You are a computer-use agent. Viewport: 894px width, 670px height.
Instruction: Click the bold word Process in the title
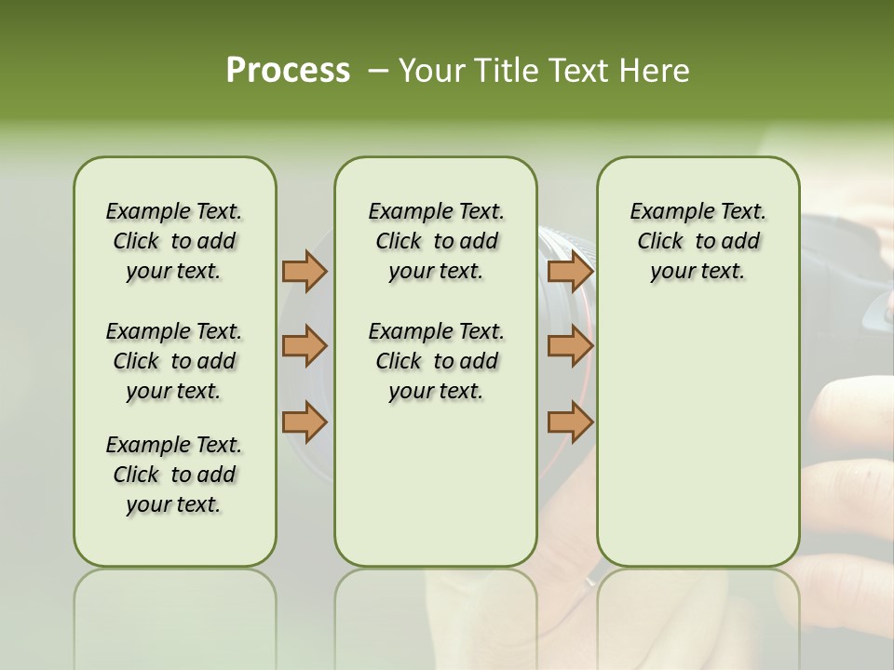pos(288,71)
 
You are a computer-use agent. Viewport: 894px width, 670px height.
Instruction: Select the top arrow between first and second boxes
pos(305,271)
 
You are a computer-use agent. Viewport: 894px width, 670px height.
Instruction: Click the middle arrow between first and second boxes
pos(305,346)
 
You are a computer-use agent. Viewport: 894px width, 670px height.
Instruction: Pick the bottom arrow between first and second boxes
pos(305,422)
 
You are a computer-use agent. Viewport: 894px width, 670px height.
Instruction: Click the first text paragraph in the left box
pos(174,241)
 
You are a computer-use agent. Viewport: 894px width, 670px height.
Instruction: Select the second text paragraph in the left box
pos(174,361)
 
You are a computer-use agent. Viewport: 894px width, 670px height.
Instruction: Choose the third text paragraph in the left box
pos(174,475)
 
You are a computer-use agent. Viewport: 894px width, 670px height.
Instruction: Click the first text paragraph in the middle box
pos(436,241)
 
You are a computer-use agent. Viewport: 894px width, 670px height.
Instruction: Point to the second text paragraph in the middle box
pos(436,361)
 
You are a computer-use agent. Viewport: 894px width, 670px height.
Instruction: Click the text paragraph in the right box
pos(698,241)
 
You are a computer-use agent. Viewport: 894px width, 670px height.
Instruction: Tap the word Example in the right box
pos(665,212)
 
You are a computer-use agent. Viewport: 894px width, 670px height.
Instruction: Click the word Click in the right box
pos(660,242)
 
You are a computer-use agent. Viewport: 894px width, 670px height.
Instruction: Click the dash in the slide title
pos(377,71)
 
